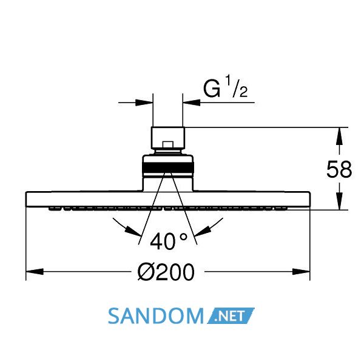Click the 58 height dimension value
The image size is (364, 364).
pos(339,169)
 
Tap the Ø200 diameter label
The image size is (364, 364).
pos(166,272)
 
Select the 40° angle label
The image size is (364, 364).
pos(169,241)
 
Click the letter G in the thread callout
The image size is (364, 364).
pos(212,89)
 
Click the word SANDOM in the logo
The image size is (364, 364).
pos(156,316)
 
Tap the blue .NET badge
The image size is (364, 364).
pos(231,315)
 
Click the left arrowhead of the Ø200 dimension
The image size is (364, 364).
pos(35,271)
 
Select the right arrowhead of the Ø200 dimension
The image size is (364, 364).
pos(301,271)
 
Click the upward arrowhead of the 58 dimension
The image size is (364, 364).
pos(339,136)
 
